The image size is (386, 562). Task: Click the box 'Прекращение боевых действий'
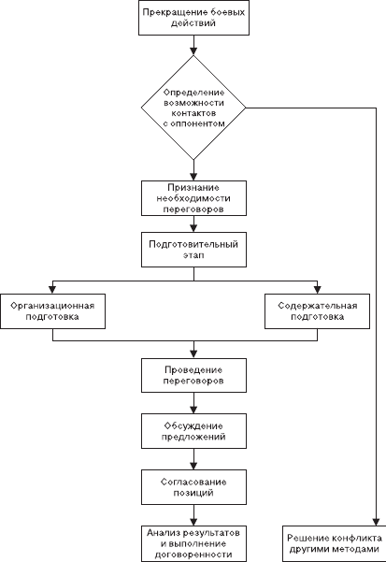(193, 18)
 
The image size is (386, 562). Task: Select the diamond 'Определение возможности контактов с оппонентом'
(193, 108)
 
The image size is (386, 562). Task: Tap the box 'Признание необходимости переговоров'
(193, 198)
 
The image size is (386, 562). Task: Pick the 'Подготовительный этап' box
(193, 250)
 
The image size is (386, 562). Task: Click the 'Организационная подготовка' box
(52, 311)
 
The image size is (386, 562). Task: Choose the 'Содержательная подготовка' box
(317, 311)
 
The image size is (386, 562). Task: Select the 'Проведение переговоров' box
(193, 375)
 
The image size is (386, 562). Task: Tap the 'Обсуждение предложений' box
(193, 431)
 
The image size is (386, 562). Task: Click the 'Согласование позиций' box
(193, 487)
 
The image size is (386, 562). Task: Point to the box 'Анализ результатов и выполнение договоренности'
(193, 543)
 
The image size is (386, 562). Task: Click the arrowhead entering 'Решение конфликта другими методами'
(376, 521)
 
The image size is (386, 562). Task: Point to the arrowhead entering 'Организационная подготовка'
(52, 290)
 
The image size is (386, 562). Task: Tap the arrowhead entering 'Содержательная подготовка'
(317, 290)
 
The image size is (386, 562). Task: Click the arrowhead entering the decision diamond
(193, 50)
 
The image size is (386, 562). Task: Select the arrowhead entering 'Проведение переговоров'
(193, 354)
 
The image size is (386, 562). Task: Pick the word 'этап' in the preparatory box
(193, 255)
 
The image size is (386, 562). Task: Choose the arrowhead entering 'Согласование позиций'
(193, 466)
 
